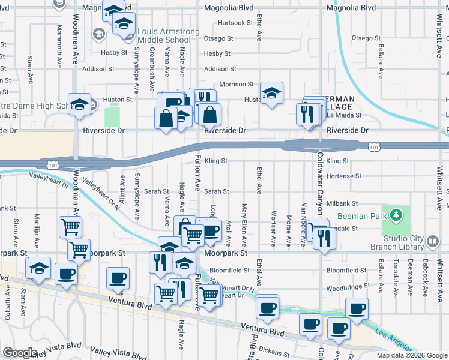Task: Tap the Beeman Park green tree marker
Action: tap(396, 214)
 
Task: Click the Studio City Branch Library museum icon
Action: tap(433, 241)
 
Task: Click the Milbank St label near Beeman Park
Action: tap(342, 204)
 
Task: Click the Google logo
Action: tap(20, 353)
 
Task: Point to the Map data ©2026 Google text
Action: tap(411, 355)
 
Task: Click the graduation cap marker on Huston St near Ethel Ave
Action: tap(271, 93)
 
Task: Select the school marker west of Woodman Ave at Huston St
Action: tap(79, 104)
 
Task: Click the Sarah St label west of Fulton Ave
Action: tap(156, 191)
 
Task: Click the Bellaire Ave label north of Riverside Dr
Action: tap(380, 56)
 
